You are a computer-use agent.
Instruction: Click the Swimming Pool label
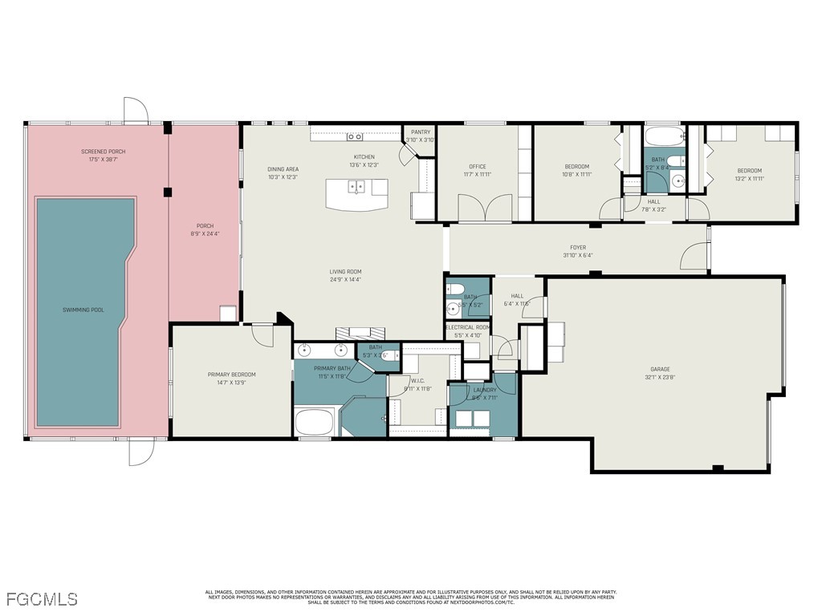pos(83,310)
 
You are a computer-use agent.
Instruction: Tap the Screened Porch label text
pos(103,152)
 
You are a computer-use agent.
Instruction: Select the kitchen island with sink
pos(356,193)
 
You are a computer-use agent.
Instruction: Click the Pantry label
pos(420,132)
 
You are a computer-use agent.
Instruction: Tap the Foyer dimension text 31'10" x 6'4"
pos(577,256)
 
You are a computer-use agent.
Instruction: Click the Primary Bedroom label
pos(231,375)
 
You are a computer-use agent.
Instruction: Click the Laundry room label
pos(484,390)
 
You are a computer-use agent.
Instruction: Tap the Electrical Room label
pos(467,327)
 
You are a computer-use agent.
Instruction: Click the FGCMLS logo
pos(42,599)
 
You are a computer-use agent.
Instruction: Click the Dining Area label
pos(283,169)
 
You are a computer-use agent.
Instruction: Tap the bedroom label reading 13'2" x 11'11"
pos(749,179)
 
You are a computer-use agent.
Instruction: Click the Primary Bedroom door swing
pos(262,334)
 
